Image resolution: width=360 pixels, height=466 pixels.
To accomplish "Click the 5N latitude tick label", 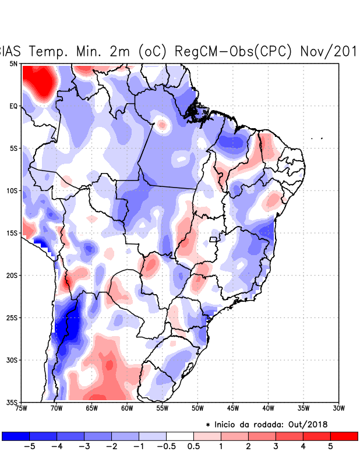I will (x=13, y=63).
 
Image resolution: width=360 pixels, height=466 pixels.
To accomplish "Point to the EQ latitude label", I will (x=13, y=106).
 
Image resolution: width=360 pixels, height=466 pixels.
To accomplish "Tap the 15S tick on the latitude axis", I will (x=12, y=233).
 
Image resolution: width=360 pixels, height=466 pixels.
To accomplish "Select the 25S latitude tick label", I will (x=12, y=317).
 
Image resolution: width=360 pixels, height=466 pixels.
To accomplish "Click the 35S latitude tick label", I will (x=12, y=402).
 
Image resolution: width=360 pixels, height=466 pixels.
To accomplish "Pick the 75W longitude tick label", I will (x=22, y=408).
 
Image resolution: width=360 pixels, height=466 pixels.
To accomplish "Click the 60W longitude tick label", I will (x=127, y=408).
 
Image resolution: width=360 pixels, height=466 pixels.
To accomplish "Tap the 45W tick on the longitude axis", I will (x=233, y=408).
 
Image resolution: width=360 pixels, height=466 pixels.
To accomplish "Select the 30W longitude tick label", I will (x=338, y=408).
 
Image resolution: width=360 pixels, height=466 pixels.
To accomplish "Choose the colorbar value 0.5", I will (x=194, y=446).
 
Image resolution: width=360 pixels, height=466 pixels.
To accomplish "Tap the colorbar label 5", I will (x=330, y=446).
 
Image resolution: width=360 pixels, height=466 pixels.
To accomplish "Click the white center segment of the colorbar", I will (x=180, y=436).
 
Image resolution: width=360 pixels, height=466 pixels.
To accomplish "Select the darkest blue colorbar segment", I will (x=16, y=436).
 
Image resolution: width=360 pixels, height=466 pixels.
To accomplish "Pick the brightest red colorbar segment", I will (x=344, y=436).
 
